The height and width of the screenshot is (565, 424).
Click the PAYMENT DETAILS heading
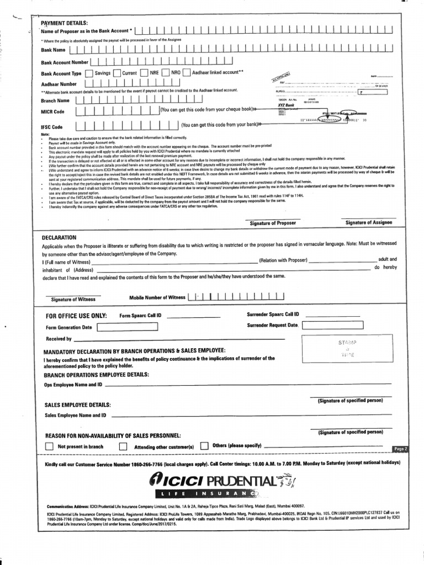(64, 23)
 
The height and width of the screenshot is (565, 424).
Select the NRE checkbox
(144, 72)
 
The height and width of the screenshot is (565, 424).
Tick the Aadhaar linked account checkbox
(187, 72)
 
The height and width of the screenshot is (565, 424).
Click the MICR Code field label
(52, 112)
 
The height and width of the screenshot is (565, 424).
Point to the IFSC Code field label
(52, 127)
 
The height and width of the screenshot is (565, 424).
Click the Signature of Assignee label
(368, 222)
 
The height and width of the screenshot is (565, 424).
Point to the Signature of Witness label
(73, 299)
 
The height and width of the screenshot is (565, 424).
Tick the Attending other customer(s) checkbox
(123, 446)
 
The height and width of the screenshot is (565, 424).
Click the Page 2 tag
(400, 449)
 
